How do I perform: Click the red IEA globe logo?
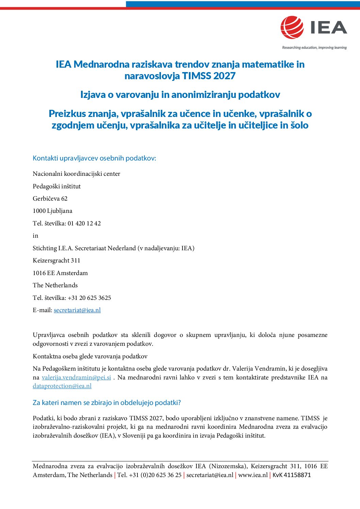point(292,27)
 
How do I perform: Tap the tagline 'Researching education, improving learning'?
point(314,48)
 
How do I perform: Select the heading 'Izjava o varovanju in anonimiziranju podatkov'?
point(180,95)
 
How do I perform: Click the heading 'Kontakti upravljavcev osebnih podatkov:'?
point(94,158)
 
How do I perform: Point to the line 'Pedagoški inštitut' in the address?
point(56,186)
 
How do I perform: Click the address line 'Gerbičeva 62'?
point(50,199)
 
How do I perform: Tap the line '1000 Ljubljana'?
point(52,211)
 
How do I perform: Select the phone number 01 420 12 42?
point(84,223)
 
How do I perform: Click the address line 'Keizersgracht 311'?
point(56,260)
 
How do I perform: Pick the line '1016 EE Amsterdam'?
point(60,273)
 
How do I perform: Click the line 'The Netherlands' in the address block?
point(55,285)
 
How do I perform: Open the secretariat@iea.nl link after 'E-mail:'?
point(77,310)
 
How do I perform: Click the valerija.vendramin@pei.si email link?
point(76,377)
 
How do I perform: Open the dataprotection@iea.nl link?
point(62,386)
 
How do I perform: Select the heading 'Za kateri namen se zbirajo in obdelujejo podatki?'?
point(107,403)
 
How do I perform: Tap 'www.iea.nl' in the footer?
point(253,475)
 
